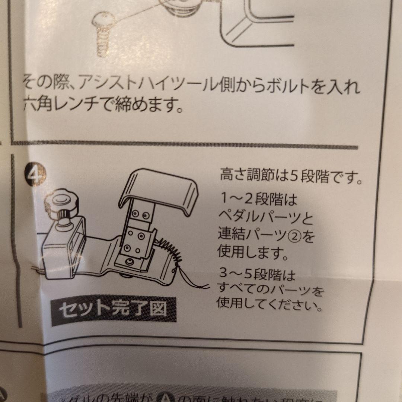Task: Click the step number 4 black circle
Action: point(36,173)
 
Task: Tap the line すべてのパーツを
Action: point(270,291)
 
